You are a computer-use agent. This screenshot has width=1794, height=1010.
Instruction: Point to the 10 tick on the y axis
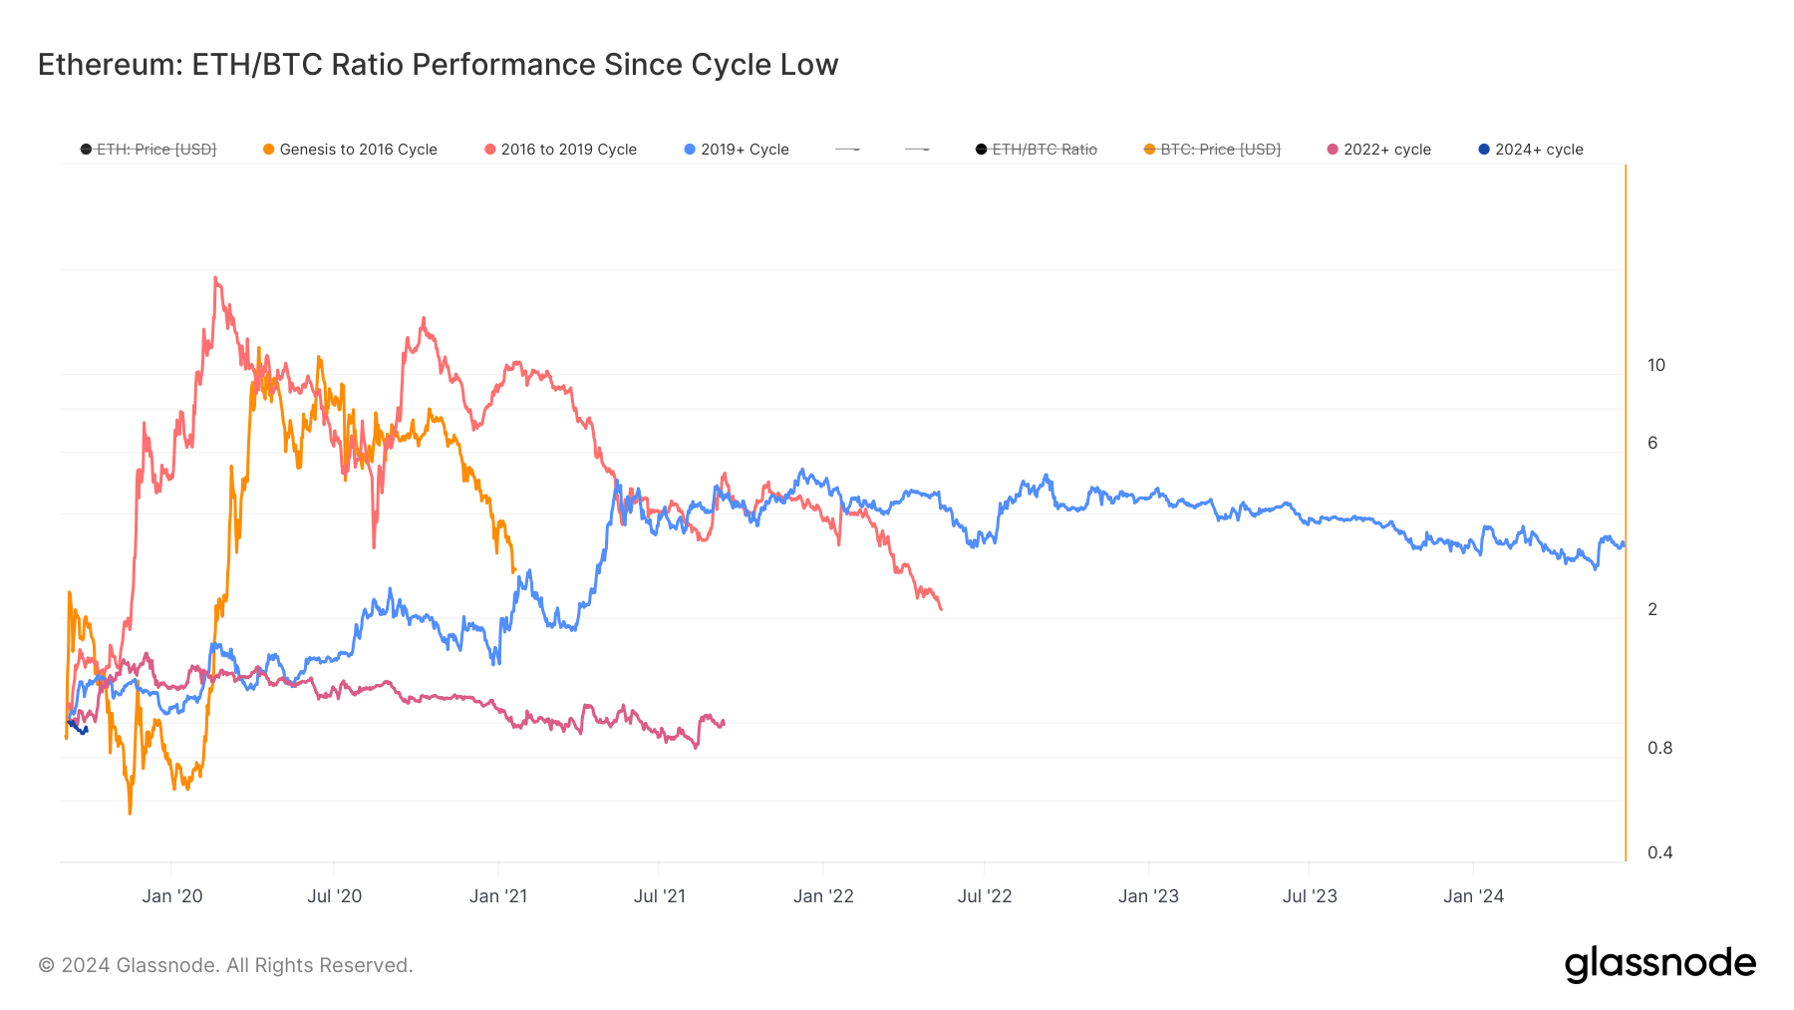pos(1655,365)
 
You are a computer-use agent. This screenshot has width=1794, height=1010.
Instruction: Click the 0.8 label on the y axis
pos(1659,748)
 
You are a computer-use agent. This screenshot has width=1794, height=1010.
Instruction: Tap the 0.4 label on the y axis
pos(1659,852)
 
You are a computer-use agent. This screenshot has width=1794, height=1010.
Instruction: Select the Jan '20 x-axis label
pos(171,896)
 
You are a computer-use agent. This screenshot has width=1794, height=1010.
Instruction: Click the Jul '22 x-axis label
pos(984,896)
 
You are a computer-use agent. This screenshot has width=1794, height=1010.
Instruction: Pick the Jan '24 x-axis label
pos(1473,896)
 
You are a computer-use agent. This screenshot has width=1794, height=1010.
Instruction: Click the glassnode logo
pos(1659,963)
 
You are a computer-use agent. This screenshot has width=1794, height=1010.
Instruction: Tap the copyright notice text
pos(225,965)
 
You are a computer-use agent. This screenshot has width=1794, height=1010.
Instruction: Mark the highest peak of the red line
pos(215,278)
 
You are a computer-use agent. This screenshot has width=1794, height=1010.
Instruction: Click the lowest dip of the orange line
pos(130,813)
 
